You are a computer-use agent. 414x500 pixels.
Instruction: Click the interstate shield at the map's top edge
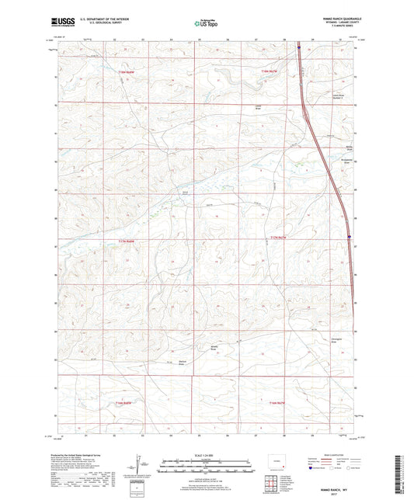(x=298, y=46)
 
